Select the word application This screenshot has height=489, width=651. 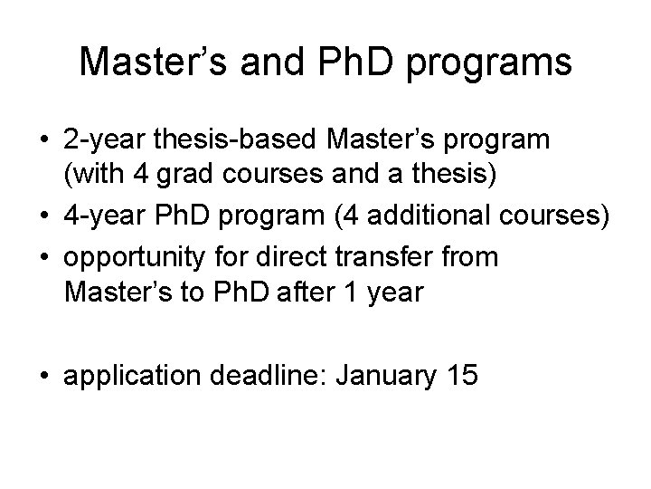point(135,376)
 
